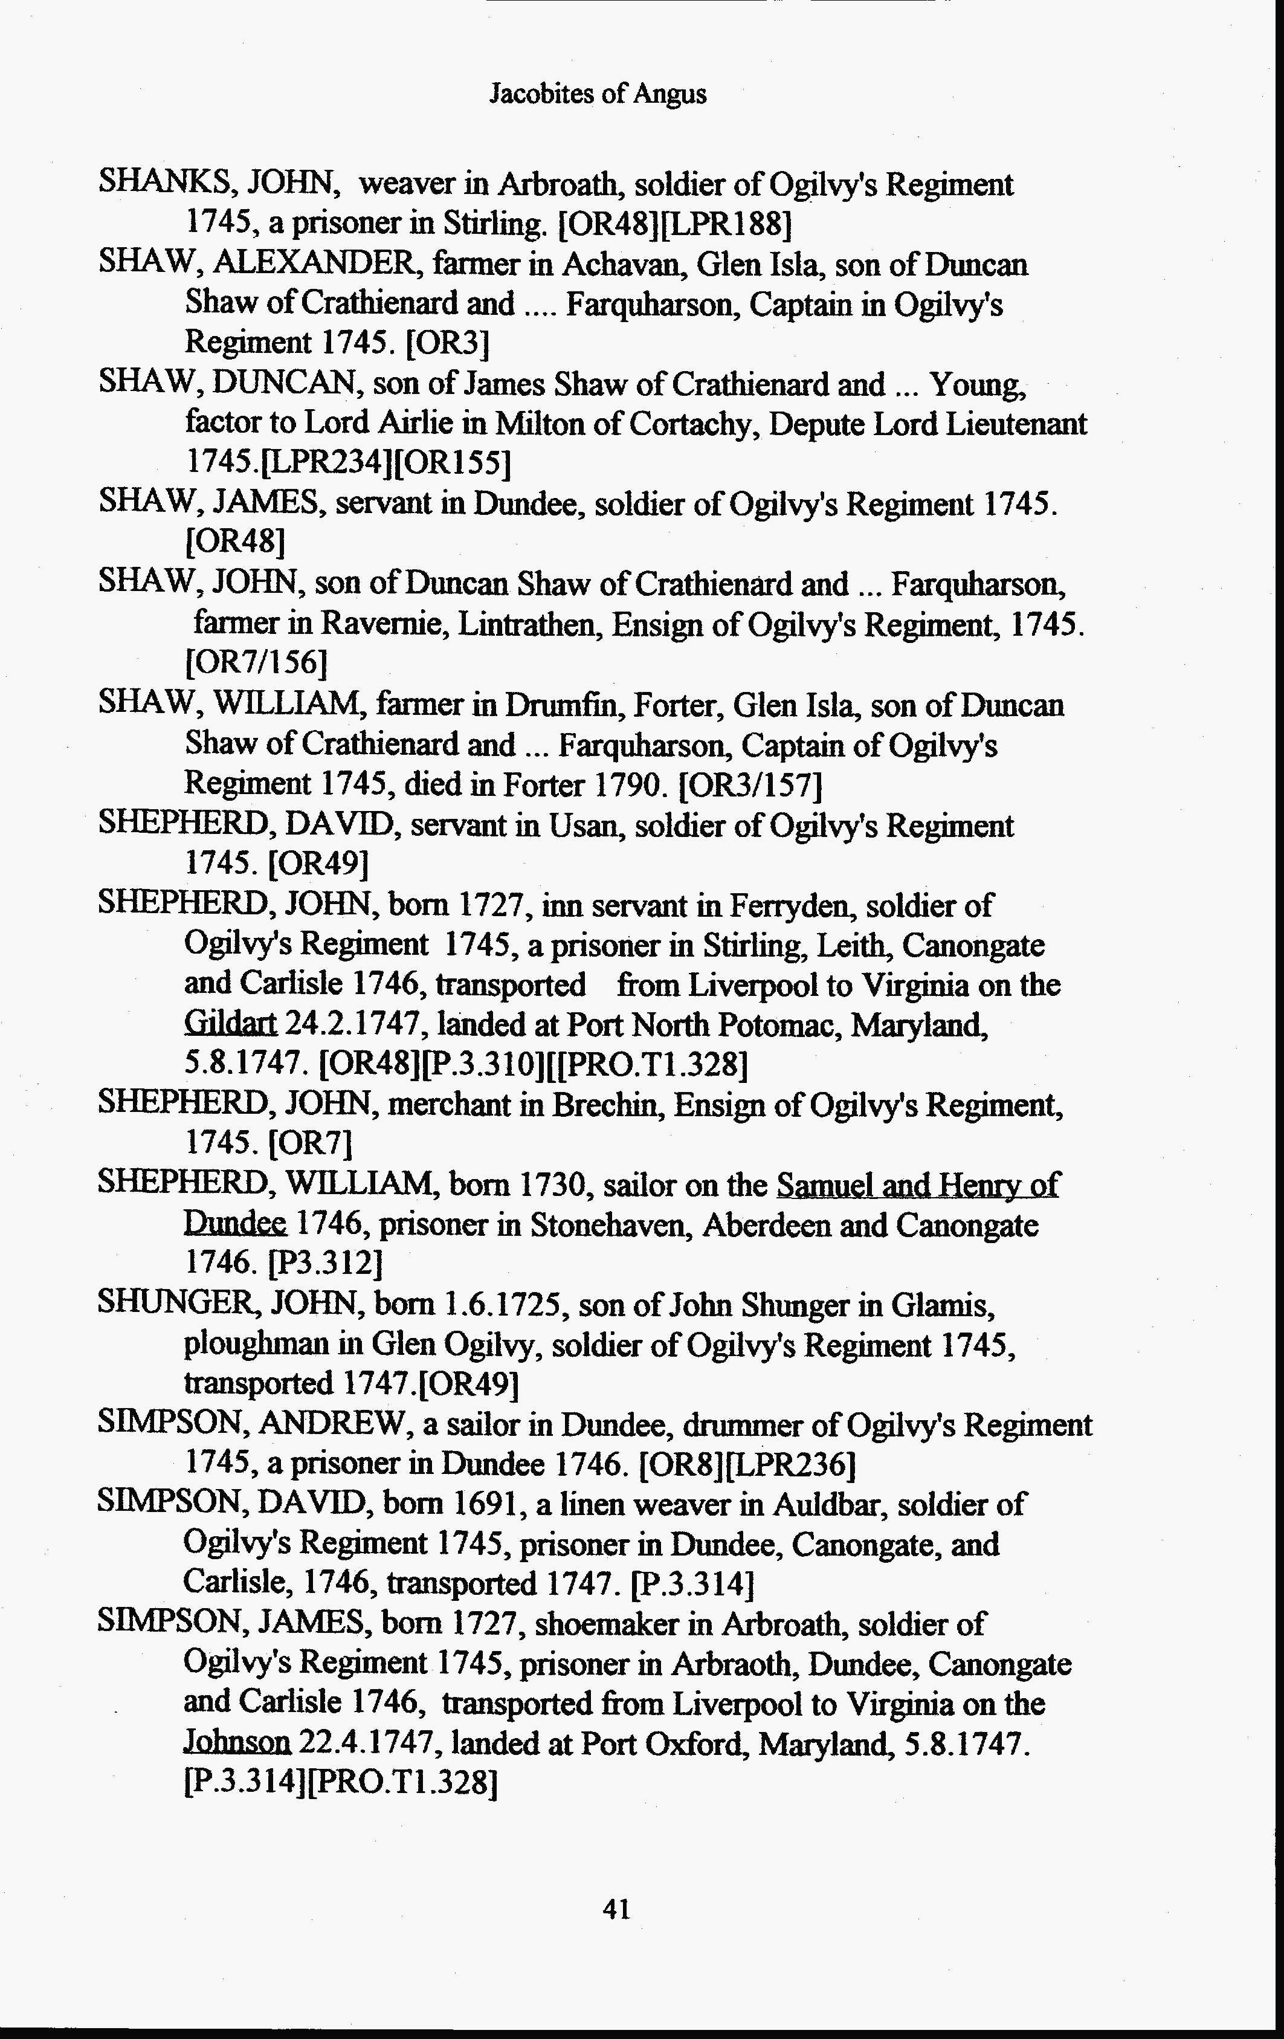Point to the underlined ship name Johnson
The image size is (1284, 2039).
tap(237, 1743)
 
